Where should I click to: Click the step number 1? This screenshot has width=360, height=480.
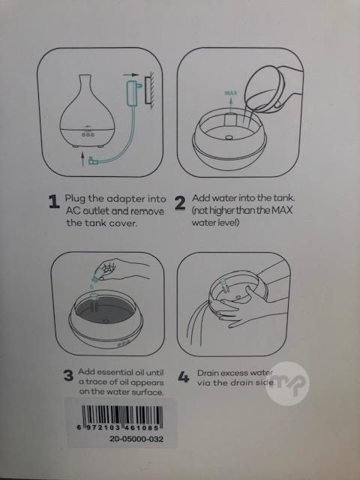(x=54, y=202)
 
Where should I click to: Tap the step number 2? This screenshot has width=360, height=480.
(x=180, y=202)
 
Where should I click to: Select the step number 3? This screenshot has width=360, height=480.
(x=68, y=376)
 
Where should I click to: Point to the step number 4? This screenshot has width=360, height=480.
(x=184, y=377)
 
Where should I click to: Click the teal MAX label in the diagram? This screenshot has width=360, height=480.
(x=230, y=93)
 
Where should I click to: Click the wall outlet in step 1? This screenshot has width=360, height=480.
(x=149, y=91)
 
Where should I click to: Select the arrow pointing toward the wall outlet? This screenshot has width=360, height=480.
(x=131, y=74)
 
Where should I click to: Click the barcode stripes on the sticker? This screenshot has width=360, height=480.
(x=122, y=415)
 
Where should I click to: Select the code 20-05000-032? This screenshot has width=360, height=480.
(x=136, y=439)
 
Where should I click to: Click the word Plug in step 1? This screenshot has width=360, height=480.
(x=75, y=199)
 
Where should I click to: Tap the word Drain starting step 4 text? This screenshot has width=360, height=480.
(x=208, y=373)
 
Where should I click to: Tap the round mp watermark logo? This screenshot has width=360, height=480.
(x=287, y=383)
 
